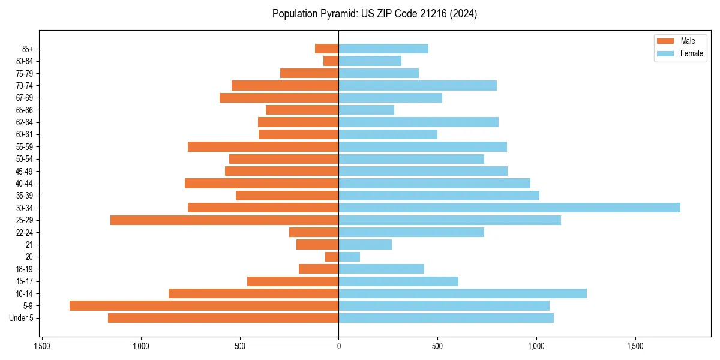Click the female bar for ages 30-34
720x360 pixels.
click(x=509, y=208)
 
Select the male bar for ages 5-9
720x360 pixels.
click(x=204, y=305)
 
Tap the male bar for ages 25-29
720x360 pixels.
click(x=224, y=220)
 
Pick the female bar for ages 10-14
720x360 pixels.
click(x=463, y=293)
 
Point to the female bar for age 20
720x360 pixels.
click(x=349, y=257)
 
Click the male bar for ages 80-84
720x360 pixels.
click(x=331, y=61)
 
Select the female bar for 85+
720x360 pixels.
click(x=383, y=49)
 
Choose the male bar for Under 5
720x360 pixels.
click(x=223, y=318)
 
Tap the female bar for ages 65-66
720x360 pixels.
click(x=367, y=110)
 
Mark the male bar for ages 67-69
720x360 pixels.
click(x=279, y=98)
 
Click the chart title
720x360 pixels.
click(x=374, y=14)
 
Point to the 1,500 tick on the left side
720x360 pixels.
click(x=42, y=347)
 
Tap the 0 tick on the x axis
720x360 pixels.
click(x=338, y=347)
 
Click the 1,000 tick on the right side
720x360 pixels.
click(x=536, y=347)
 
